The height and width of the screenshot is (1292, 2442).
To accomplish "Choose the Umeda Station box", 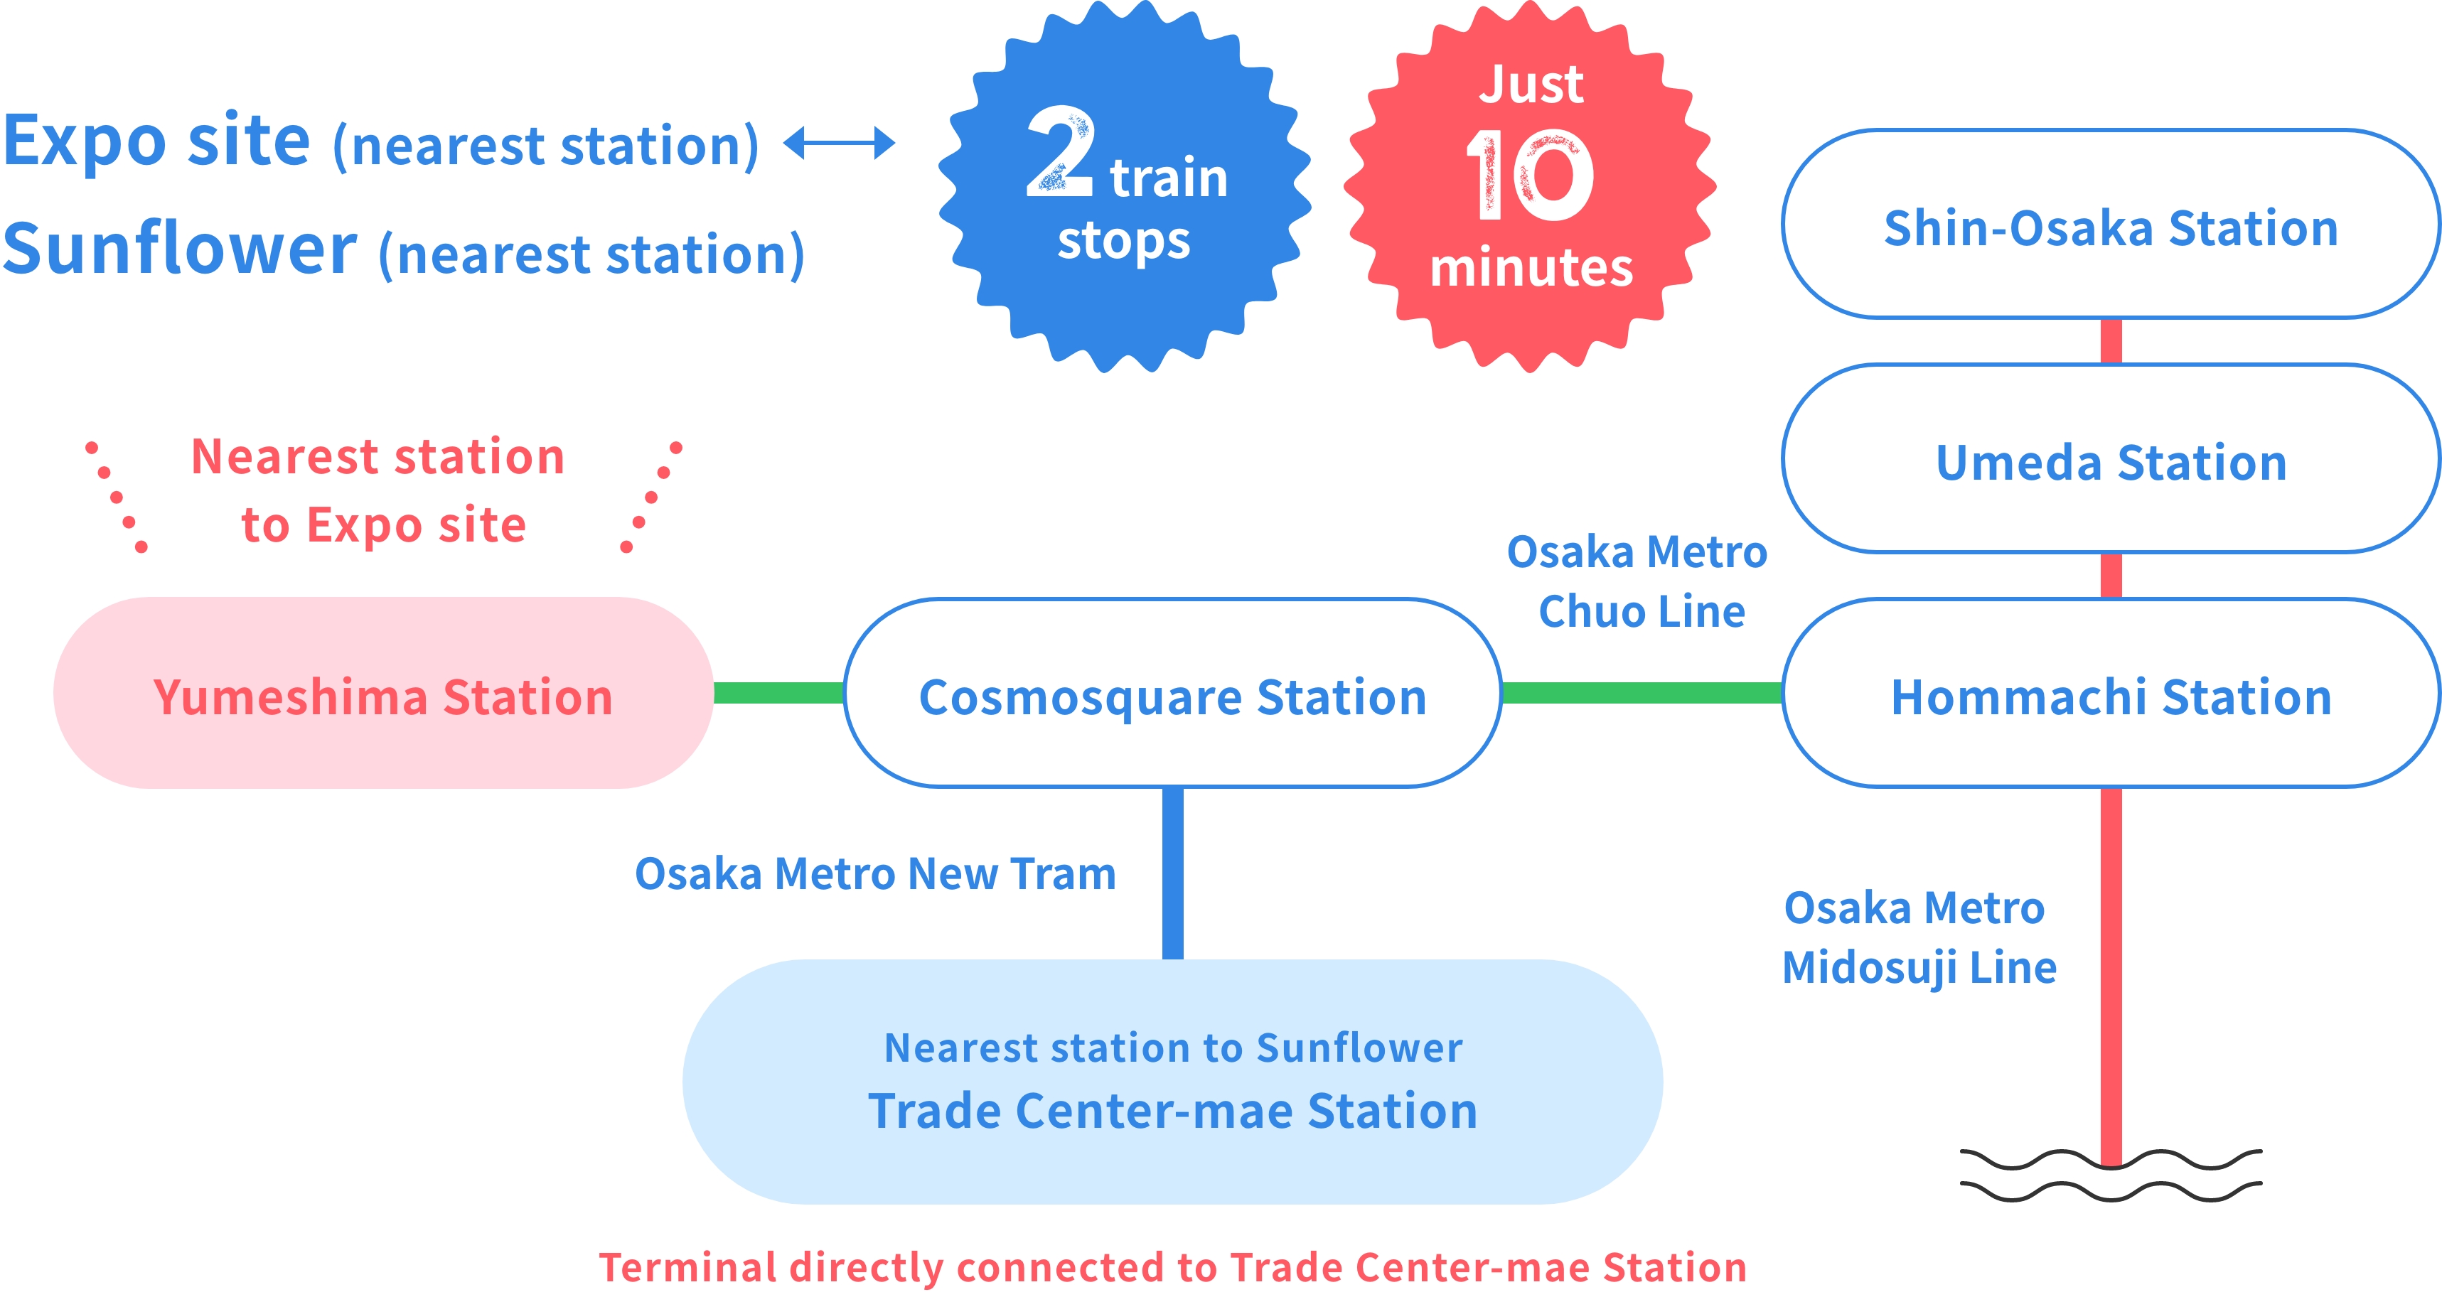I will click(2110, 461).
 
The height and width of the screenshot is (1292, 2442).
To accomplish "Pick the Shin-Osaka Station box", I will click(2110, 225).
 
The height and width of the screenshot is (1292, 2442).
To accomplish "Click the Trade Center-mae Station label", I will click(1172, 1110).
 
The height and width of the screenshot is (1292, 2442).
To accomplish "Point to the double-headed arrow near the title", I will click(839, 143).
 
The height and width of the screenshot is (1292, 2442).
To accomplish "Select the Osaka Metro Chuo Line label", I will click(1638, 581).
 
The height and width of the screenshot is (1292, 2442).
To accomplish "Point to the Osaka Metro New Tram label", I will click(875, 873).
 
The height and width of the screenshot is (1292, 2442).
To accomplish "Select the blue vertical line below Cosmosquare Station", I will click(1172, 872).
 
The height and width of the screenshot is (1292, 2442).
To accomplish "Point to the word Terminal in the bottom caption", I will click(688, 1267).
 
